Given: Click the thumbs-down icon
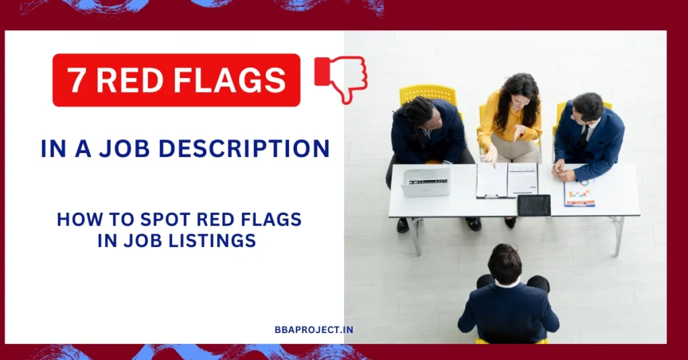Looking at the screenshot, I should click(341, 79).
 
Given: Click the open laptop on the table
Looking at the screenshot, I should click(425, 181).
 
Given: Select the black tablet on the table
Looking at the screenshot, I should click(534, 205).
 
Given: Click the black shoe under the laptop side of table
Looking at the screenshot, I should click(403, 225).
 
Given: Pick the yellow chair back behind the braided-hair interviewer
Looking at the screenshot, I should click(427, 94).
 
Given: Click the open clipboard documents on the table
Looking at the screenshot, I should click(507, 180).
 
